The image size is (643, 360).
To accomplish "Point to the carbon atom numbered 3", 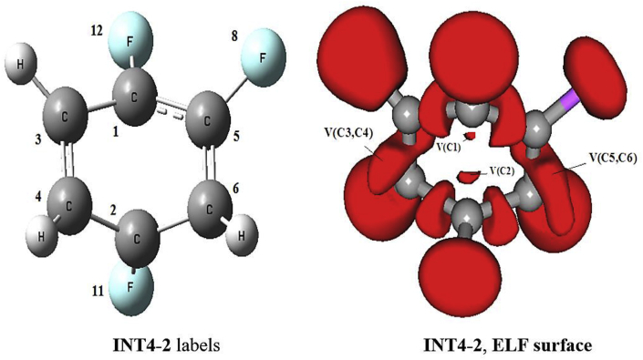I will pyautogui.click(x=66, y=121).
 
